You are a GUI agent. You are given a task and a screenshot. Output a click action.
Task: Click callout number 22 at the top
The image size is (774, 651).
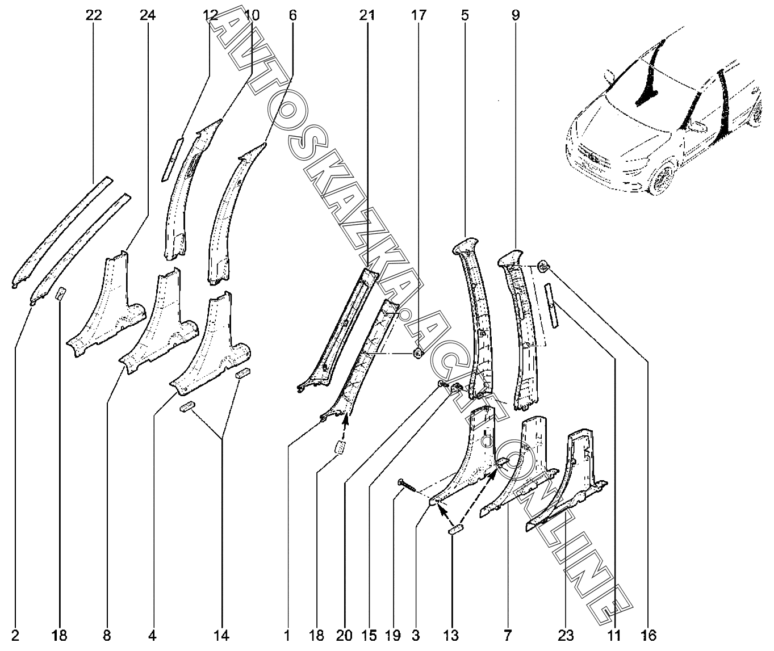click(x=94, y=16)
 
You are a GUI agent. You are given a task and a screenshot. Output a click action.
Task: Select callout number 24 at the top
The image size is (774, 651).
click(x=148, y=16)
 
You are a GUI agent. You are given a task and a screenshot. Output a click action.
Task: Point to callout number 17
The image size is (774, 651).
click(x=419, y=16)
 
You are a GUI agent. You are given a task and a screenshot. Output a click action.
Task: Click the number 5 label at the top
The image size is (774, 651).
click(x=465, y=16)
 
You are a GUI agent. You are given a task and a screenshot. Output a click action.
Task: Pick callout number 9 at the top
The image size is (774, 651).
click(x=515, y=16)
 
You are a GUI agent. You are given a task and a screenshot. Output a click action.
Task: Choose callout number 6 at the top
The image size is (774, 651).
click(x=292, y=16)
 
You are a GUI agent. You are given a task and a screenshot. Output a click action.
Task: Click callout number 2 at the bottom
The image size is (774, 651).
click(x=15, y=635)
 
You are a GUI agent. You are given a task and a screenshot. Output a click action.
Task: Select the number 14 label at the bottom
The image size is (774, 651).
click(x=222, y=635)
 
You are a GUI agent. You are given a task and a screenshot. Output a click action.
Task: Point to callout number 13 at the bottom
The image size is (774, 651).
click(x=452, y=635)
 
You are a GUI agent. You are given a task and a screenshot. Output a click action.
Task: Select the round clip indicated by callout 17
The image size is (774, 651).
click(x=418, y=354)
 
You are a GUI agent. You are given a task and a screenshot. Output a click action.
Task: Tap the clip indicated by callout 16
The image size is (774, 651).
click(x=543, y=265)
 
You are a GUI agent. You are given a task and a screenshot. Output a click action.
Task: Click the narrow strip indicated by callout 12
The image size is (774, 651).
click(x=171, y=159)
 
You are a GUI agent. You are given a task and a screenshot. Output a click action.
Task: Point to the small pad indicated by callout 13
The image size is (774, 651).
click(x=455, y=530)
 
